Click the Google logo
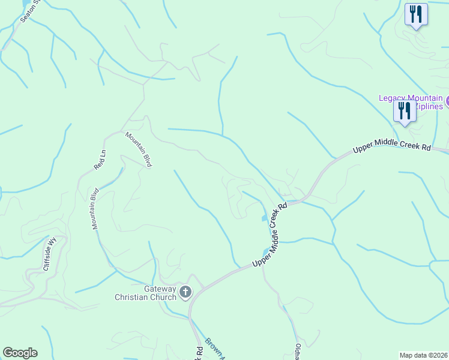[x=20, y=353]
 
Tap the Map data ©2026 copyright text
[x=424, y=355]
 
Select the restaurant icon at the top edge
[x=416, y=14]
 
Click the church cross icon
[x=185, y=293]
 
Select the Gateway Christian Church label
[x=146, y=293]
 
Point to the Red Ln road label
[x=99, y=159]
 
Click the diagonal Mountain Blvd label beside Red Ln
[x=138, y=150]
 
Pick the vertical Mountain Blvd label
[x=95, y=209]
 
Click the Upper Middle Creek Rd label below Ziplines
[x=392, y=146]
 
